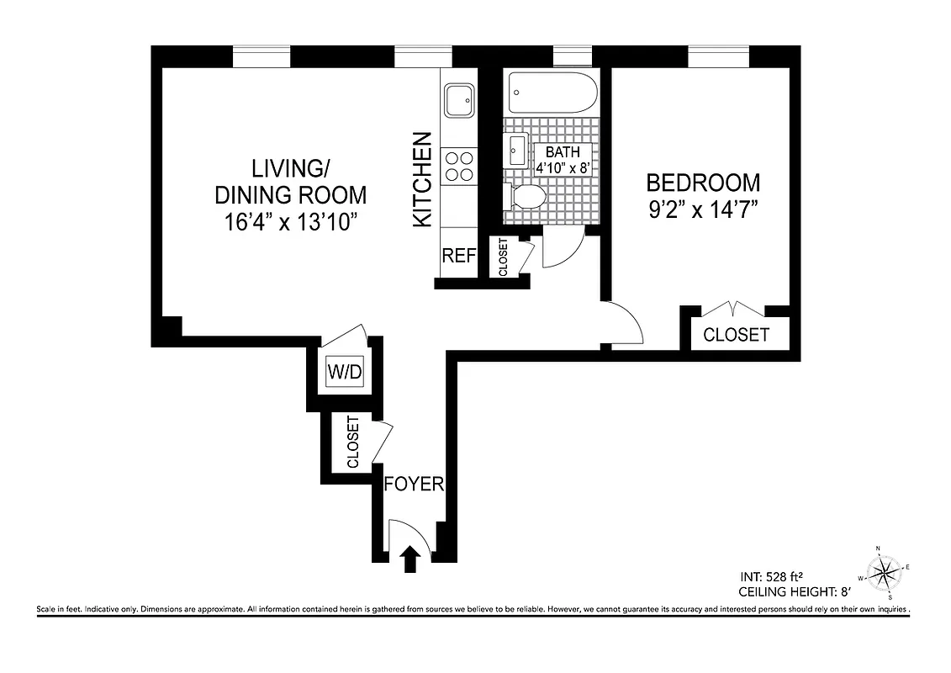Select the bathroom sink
(515, 151)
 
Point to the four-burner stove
(458, 166)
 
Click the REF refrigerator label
(459, 256)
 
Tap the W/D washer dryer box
(345, 371)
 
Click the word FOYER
(413, 485)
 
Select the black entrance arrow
(410, 559)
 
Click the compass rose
(882, 575)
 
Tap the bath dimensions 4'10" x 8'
(563, 167)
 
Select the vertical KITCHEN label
(422, 179)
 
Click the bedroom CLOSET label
(736, 335)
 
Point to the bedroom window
(718, 57)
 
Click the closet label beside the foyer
(353, 442)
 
